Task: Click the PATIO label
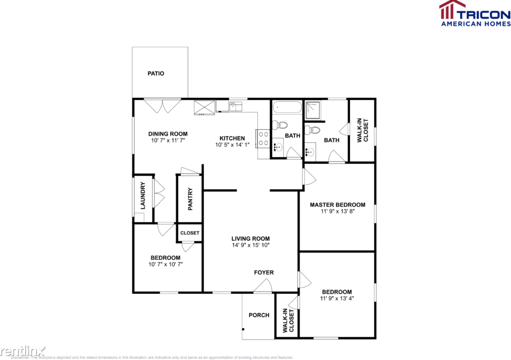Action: point(156,73)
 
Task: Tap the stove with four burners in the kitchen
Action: point(263,138)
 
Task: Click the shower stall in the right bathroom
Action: point(314,110)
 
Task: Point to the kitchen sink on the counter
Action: point(236,105)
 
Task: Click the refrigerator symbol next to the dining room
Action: point(204,107)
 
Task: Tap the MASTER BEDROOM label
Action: point(337,205)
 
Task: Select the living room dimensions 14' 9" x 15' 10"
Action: point(250,245)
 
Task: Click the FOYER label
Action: point(263,272)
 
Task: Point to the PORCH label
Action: point(259,315)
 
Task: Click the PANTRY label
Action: point(190,199)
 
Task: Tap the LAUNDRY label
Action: point(143,196)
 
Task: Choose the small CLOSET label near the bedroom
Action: point(190,233)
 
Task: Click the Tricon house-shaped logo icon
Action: point(447,10)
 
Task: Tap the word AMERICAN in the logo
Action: point(459,23)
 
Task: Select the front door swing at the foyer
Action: point(261,288)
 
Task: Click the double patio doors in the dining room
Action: point(162,106)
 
